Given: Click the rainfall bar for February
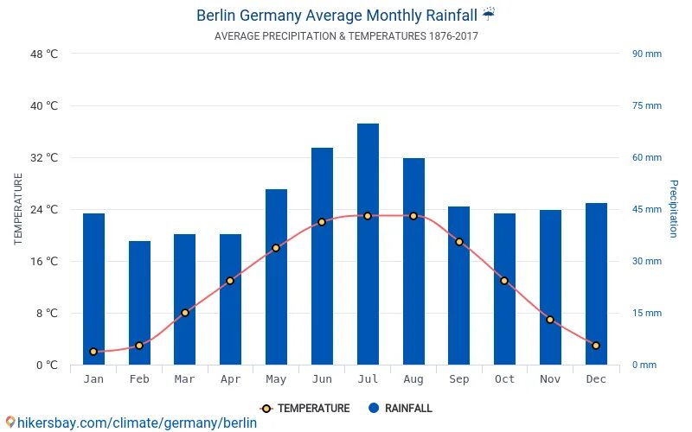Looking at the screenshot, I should [x=139, y=302].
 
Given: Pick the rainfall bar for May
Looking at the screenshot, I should [x=276, y=276].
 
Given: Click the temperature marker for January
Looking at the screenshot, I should [x=93, y=352].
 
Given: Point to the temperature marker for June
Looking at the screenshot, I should [x=322, y=222].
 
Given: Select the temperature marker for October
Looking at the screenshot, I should [x=504, y=281].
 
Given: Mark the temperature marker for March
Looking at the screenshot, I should [x=185, y=313].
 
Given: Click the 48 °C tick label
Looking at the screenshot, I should [x=44, y=54].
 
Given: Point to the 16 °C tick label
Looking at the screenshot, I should [x=44, y=262].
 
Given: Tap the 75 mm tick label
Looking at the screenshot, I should [x=646, y=106].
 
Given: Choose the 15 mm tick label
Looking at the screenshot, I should [x=646, y=314].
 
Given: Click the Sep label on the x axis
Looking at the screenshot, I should [x=458, y=379].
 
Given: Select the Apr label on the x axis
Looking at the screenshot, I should [x=230, y=379].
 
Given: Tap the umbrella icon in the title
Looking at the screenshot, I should [x=489, y=14].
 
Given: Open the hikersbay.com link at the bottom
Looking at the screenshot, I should [x=131, y=422].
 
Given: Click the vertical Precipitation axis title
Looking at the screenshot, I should [x=674, y=209].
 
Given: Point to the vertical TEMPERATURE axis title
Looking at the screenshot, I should [x=18, y=209].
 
